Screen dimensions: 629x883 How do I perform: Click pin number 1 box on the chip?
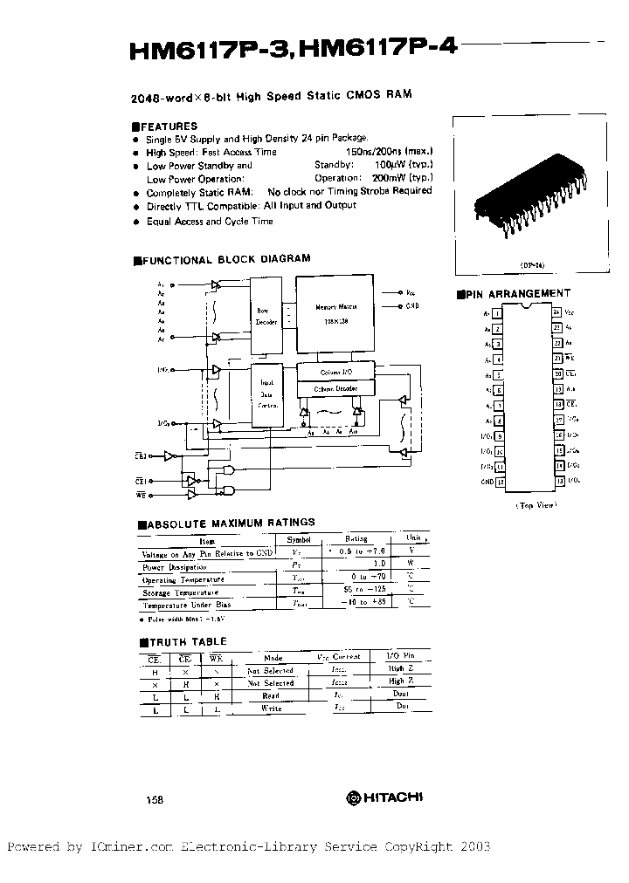pos(497,312)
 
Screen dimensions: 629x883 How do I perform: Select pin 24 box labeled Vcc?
pos(556,312)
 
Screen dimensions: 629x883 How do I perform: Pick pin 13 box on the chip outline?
pos(556,481)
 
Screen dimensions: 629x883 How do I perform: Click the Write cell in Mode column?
pos(270,708)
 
